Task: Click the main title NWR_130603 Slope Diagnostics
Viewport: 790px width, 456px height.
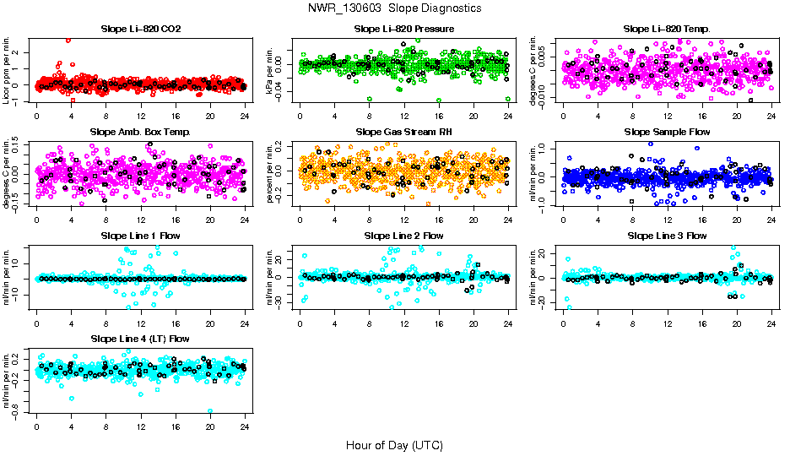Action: pyautogui.click(x=395, y=8)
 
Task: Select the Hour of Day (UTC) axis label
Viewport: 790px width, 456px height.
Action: pyautogui.click(x=394, y=444)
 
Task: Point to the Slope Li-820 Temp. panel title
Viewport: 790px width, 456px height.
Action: pyautogui.click(x=667, y=30)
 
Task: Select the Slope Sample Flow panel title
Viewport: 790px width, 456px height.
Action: pyautogui.click(x=667, y=133)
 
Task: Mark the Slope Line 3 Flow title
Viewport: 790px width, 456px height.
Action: pyautogui.click(x=667, y=236)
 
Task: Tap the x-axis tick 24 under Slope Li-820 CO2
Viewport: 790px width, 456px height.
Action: pyautogui.click(x=244, y=117)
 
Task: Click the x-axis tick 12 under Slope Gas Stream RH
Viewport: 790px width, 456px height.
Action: pyautogui.click(x=403, y=220)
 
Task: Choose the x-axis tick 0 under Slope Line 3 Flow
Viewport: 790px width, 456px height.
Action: pyautogui.click(x=564, y=323)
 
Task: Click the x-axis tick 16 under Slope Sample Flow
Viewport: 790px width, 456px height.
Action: pyautogui.click(x=702, y=220)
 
